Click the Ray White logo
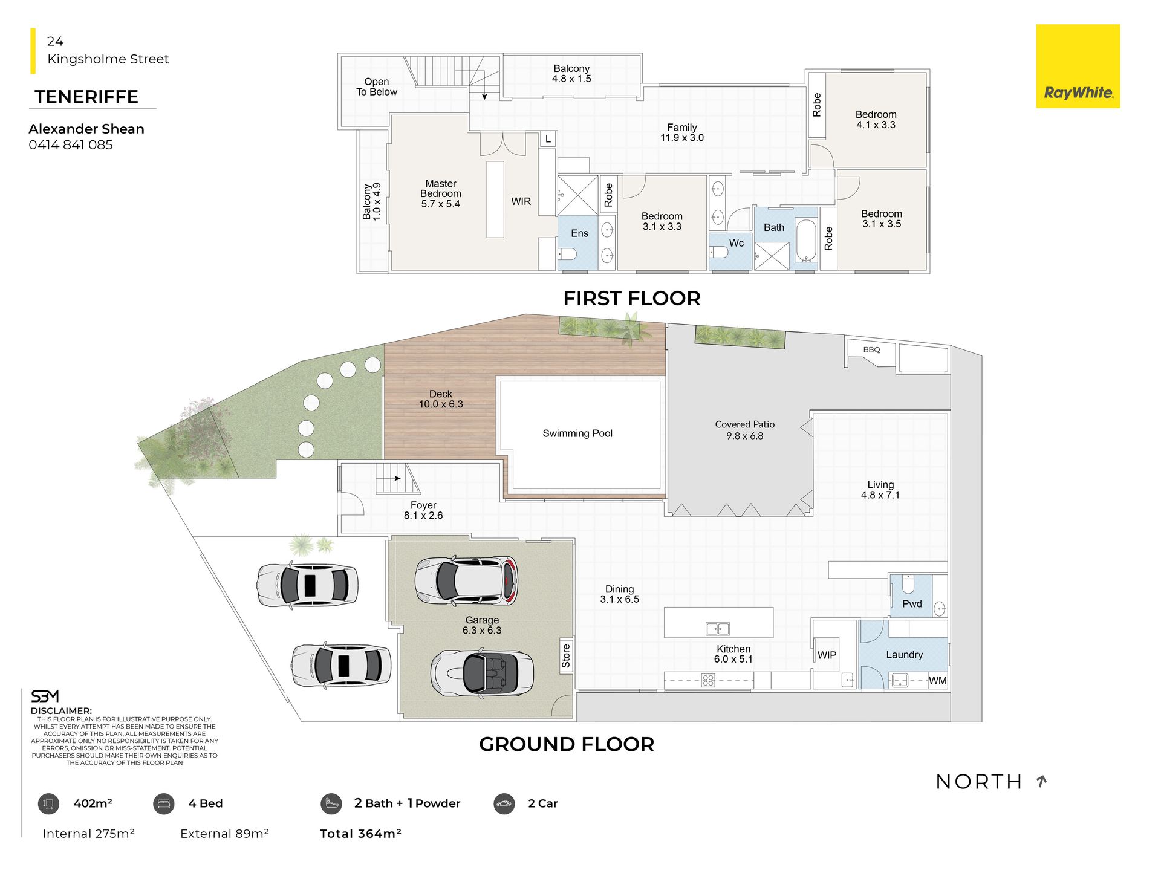pyautogui.click(x=1078, y=67)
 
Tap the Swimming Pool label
pyautogui.click(x=577, y=433)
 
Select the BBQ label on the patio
pyautogui.click(x=871, y=349)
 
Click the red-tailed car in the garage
pyautogui.click(x=466, y=580)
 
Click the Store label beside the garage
pyautogui.click(x=566, y=656)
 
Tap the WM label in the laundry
pyautogui.click(x=938, y=680)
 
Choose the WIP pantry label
pyautogui.click(x=827, y=655)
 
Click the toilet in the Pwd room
pyautogui.click(x=908, y=584)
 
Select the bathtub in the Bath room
pyautogui.click(x=806, y=241)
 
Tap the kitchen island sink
pyautogui.click(x=718, y=629)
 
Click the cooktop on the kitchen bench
pyautogui.click(x=708, y=680)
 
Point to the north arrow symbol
pyautogui.click(x=1041, y=781)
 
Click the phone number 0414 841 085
pyautogui.click(x=71, y=145)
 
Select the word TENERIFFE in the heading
pyautogui.click(x=86, y=97)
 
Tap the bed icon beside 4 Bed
pyautogui.click(x=163, y=803)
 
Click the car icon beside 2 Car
pyautogui.click(x=504, y=803)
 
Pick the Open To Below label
pyautogui.click(x=377, y=86)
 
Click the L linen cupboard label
pyautogui.click(x=548, y=139)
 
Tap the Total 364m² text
pyautogui.click(x=360, y=834)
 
